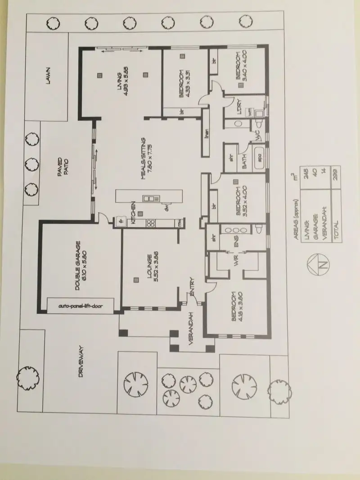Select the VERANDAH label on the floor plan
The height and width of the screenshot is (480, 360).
click(x=191, y=329)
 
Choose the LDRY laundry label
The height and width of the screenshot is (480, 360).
click(x=239, y=107)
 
